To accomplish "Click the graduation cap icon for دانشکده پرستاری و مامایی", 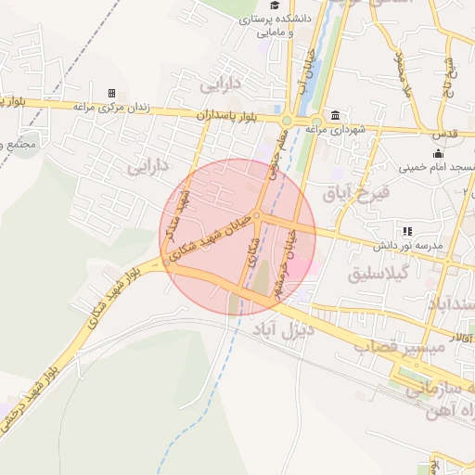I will click(276, 5).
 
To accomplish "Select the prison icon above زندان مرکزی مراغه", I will click(111, 94).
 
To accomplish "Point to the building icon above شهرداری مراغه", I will click(334, 116).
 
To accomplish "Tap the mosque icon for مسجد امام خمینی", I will click(438, 154).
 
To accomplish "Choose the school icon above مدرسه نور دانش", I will click(406, 231).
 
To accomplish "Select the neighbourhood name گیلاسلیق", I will click(379, 276).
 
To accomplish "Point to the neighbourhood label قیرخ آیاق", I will click(351, 194).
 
